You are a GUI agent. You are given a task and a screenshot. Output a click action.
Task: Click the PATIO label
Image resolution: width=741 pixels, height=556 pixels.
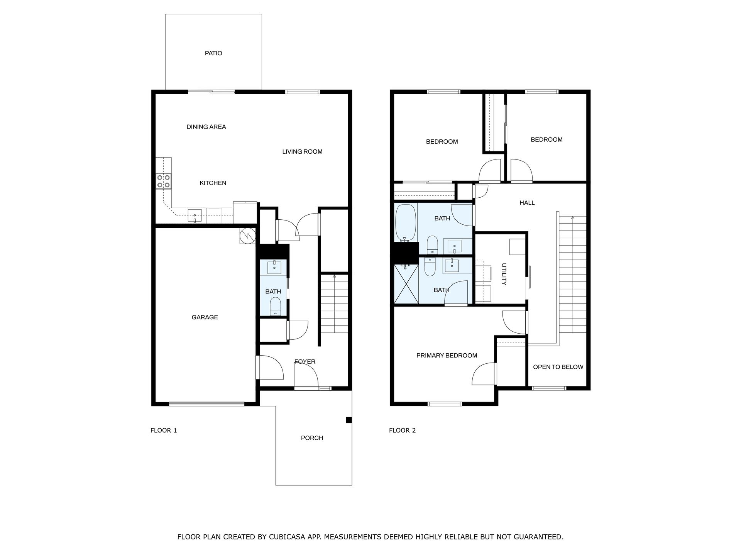click(213, 53)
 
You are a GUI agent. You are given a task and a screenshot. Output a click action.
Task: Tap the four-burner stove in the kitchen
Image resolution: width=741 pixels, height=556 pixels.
click(164, 181)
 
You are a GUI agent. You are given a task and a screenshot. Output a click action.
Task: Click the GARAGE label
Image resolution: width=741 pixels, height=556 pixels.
click(205, 317)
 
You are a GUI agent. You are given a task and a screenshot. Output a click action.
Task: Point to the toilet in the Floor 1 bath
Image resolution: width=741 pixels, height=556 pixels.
click(275, 306)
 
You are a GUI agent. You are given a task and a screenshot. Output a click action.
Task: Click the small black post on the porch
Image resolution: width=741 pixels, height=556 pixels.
click(349, 420)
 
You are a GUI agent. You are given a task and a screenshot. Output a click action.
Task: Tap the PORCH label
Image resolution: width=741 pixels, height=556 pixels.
click(312, 438)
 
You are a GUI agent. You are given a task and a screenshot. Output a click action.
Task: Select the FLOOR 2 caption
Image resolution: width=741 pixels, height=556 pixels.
click(402, 430)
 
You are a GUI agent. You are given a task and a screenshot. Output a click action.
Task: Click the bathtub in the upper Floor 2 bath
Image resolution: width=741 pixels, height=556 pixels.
click(405, 222)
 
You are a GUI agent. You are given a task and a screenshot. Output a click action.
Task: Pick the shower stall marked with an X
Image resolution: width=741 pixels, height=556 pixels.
click(406, 284)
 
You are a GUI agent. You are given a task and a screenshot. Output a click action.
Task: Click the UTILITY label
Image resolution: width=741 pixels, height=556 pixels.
click(504, 274)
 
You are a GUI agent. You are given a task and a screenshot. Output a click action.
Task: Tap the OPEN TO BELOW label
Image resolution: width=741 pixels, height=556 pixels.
click(558, 367)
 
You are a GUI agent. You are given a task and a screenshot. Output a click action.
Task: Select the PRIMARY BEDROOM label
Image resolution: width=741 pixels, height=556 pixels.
click(447, 355)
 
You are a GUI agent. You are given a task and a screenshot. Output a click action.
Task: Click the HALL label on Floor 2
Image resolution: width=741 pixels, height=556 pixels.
click(527, 203)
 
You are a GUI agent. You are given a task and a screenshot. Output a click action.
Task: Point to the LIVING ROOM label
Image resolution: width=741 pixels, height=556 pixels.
click(302, 152)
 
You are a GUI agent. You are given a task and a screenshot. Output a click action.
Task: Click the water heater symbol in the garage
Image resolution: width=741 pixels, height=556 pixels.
click(247, 236)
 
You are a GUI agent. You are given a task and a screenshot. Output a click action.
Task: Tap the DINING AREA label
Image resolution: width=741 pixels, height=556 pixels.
click(206, 127)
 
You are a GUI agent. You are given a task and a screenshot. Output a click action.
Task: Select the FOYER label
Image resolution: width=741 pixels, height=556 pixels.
click(305, 361)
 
